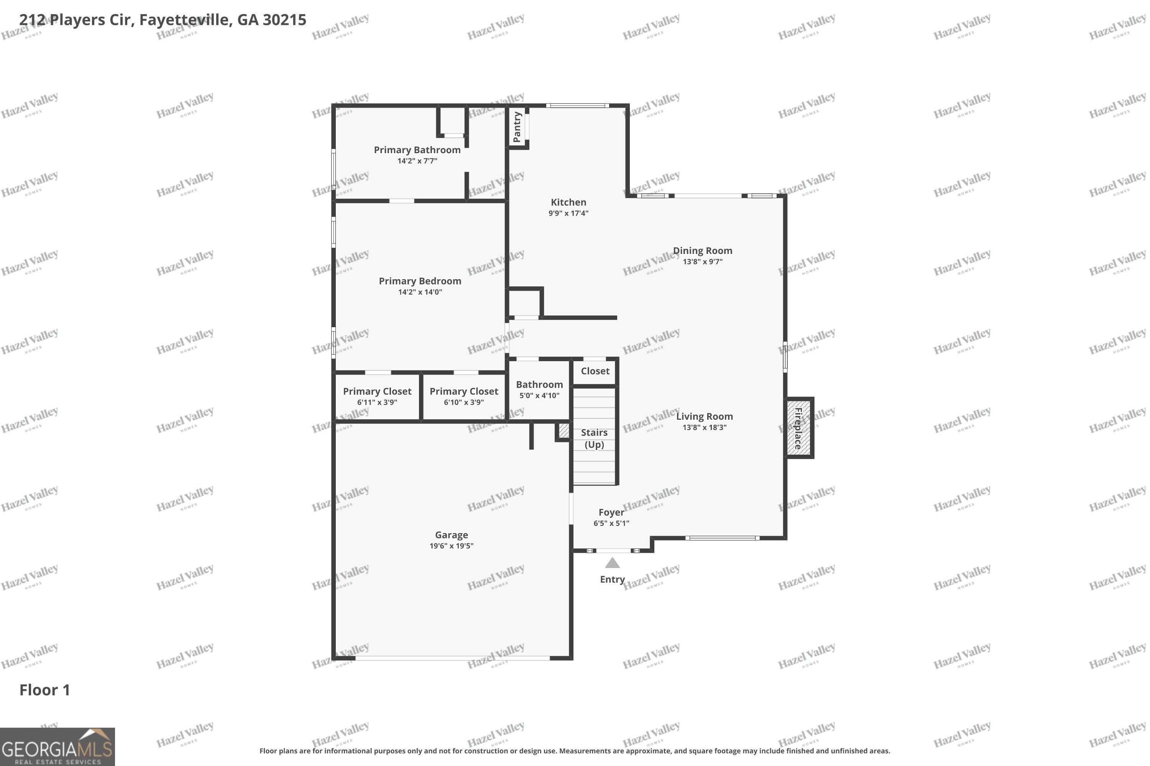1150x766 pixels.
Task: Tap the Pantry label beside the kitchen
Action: (x=517, y=127)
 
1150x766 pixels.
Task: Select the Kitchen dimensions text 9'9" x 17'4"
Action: (x=568, y=213)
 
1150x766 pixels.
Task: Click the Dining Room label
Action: (x=703, y=250)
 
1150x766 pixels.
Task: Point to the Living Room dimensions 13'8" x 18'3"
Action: (x=705, y=427)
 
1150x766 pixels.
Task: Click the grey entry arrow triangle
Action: (x=613, y=563)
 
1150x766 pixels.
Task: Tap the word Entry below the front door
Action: (x=613, y=579)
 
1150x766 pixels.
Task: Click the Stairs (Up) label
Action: (x=595, y=439)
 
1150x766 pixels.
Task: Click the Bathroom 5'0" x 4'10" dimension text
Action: (x=540, y=396)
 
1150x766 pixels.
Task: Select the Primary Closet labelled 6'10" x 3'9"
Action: (x=464, y=396)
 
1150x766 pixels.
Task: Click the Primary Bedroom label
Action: (x=421, y=281)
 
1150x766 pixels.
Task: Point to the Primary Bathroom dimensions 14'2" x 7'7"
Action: (x=417, y=161)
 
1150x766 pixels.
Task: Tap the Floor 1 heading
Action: (x=45, y=690)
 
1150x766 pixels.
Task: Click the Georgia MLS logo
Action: (x=57, y=747)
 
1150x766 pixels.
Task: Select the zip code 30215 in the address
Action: (x=284, y=20)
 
